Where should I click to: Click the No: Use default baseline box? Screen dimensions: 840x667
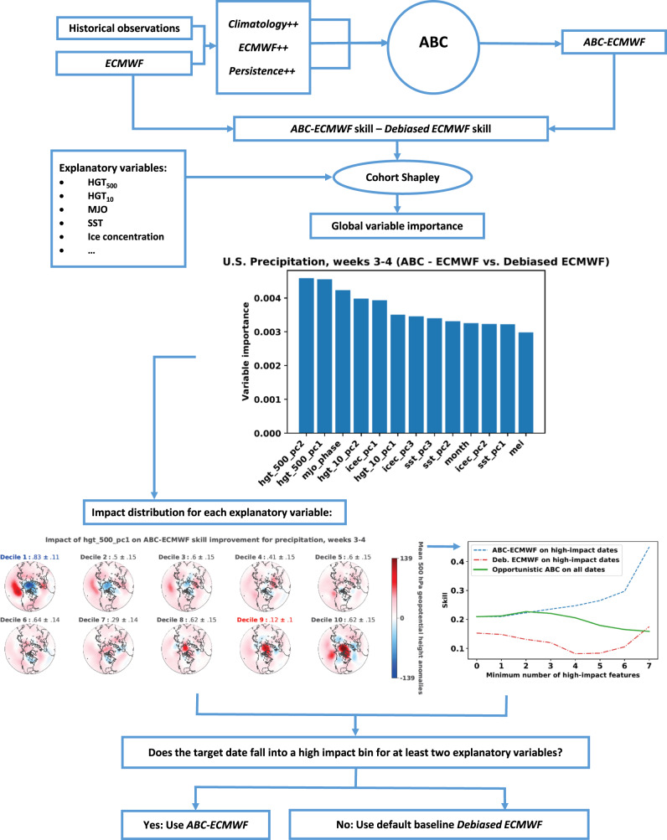click(x=427, y=817)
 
